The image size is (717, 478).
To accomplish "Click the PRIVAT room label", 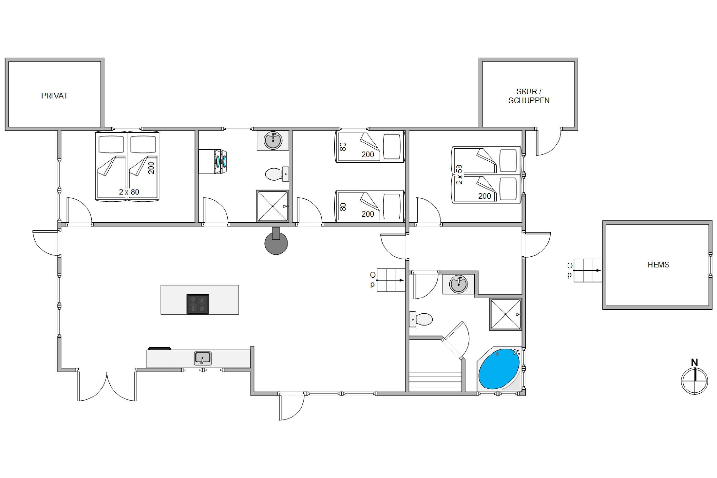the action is tap(54, 96).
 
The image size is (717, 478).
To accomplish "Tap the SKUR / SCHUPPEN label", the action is tap(529, 96).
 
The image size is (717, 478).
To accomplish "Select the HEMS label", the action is tap(658, 265).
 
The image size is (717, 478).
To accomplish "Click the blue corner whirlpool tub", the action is tap(499, 369).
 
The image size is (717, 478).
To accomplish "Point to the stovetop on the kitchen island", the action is tap(198, 304).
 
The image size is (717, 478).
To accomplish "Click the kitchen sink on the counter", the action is tap(203, 358).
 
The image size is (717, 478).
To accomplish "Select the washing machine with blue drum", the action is tap(213, 162).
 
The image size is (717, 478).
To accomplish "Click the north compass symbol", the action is tap(695, 378).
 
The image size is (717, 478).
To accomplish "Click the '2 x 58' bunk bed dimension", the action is tap(459, 175).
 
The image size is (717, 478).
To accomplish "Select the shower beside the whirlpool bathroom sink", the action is tap(506, 314).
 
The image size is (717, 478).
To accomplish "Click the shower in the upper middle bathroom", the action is tap(272, 206).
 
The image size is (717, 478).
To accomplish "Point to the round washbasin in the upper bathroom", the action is tap(273, 141).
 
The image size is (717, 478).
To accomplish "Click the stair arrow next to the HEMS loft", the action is tap(587, 270).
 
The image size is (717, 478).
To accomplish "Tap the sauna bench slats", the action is tap(435, 382).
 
